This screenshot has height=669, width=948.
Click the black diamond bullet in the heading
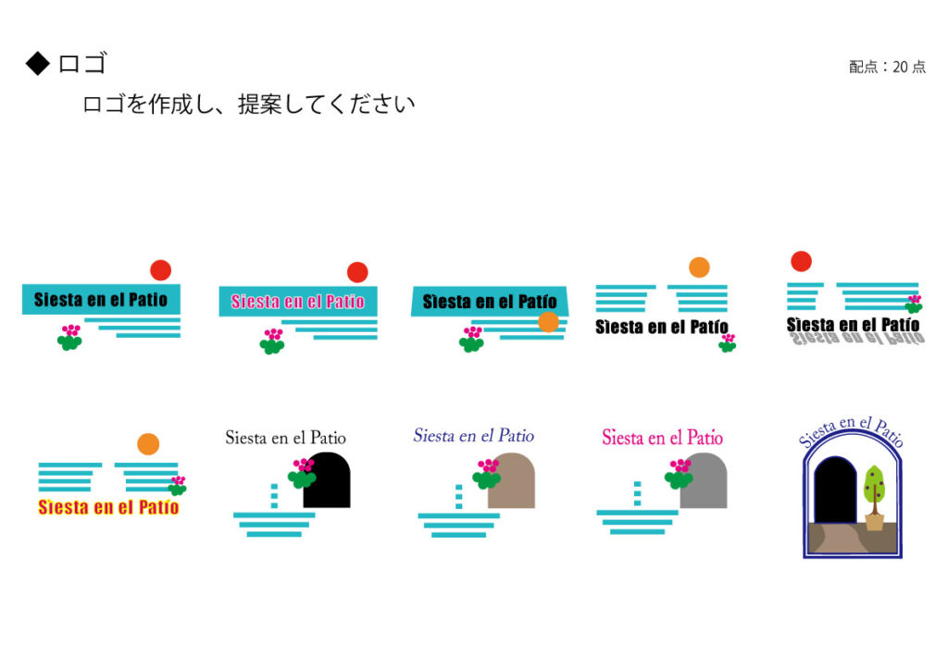click(37, 63)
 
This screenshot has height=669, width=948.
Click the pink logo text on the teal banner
click(297, 302)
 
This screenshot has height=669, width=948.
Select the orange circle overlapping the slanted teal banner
click(548, 322)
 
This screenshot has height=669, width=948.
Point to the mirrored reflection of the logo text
click(853, 340)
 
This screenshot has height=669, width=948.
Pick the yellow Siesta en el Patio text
click(108, 507)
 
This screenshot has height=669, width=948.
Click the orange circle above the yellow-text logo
click(148, 444)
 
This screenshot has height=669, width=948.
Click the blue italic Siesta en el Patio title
click(473, 436)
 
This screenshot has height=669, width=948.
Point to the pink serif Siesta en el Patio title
click(662, 438)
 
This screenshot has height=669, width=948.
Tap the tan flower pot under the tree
click(874, 520)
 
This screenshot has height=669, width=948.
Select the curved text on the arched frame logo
click(852, 431)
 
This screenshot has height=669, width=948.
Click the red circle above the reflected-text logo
click(801, 261)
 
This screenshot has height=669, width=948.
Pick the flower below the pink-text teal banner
click(271, 341)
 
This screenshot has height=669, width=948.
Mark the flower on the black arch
click(302, 473)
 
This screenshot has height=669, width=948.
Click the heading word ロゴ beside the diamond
click(82, 63)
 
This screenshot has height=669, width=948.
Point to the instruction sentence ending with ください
click(248, 104)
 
